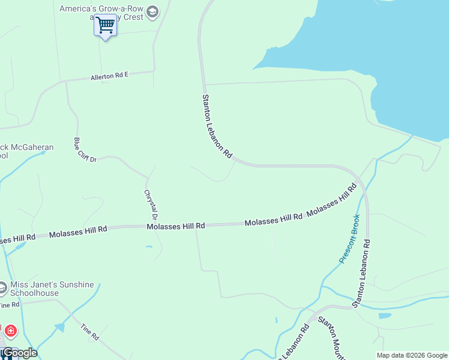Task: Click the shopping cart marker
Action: (105, 26)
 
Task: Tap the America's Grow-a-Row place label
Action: (102, 9)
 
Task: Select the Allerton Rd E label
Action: (110, 76)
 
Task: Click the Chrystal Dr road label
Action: (150, 205)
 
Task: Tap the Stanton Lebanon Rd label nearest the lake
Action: (217, 126)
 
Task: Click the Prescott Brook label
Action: (349, 239)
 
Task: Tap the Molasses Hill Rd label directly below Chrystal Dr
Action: (176, 226)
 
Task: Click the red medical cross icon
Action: (10, 331)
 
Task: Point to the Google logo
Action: (19, 353)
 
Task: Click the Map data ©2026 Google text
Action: (411, 355)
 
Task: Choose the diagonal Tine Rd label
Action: (89, 332)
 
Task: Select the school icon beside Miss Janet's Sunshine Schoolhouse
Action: (3, 289)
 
